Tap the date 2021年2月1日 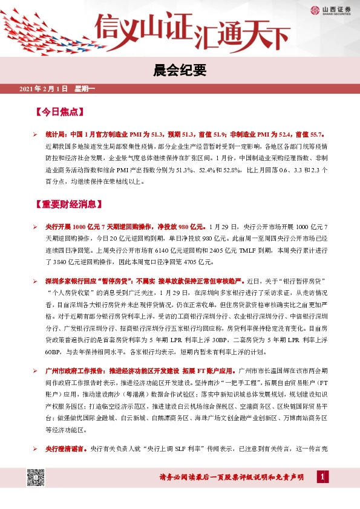pos(44,89)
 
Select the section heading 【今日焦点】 pos(61,112)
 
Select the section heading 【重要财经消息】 pos(69,204)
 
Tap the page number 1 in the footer pos(324,478)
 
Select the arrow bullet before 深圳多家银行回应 pos(36,282)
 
